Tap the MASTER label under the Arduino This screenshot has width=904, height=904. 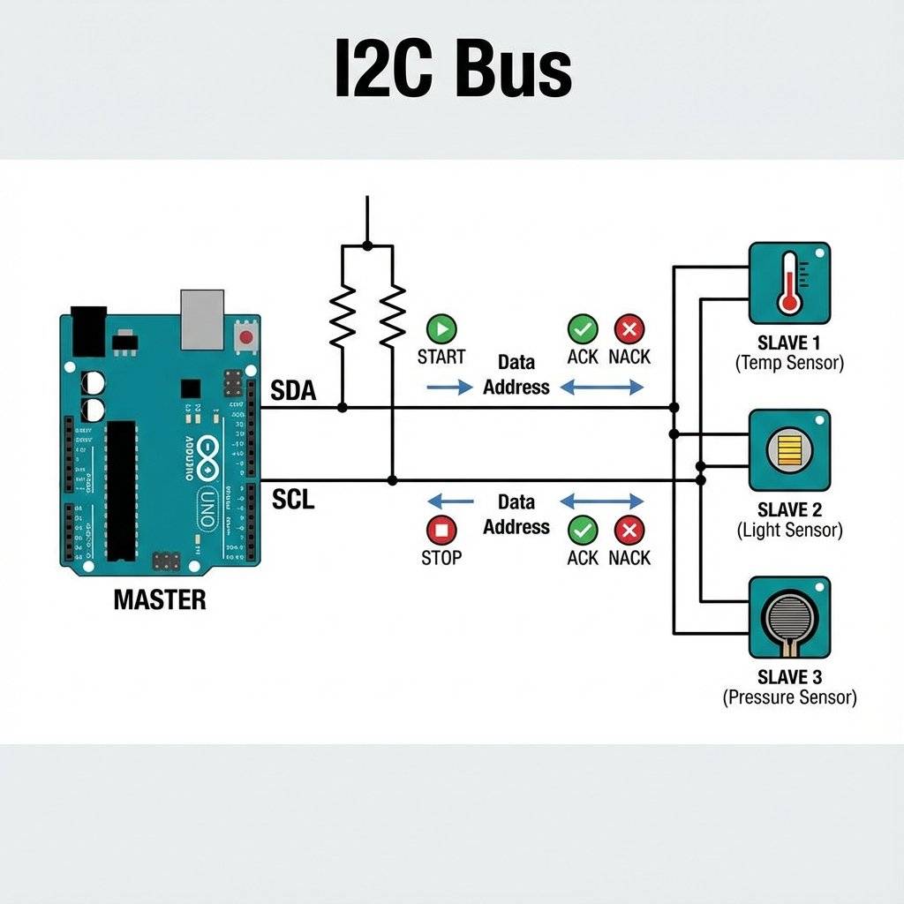(x=160, y=600)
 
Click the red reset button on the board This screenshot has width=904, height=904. (x=245, y=336)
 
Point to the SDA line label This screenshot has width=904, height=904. (x=293, y=391)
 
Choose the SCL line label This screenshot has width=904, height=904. (x=293, y=501)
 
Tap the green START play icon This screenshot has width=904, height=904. (x=441, y=329)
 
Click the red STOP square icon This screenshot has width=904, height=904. (x=441, y=531)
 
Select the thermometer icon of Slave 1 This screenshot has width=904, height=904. (x=789, y=282)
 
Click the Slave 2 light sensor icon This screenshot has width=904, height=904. (x=789, y=449)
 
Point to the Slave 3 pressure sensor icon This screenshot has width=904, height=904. (x=789, y=617)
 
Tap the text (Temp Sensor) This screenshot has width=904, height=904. (x=789, y=363)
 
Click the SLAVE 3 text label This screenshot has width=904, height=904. (x=789, y=677)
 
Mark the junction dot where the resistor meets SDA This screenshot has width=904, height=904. (x=343, y=408)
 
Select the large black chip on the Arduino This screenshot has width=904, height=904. (x=122, y=490)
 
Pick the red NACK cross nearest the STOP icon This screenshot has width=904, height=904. (x=629, y=531)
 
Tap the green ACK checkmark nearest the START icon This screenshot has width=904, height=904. (x=582, y=329)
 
